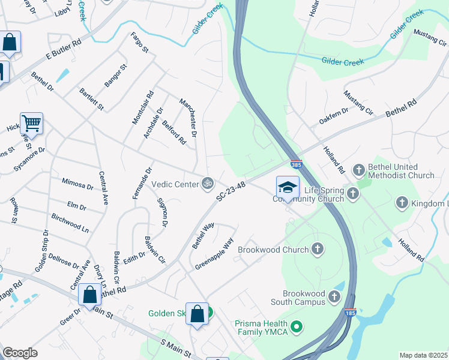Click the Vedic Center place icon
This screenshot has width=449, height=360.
(208, 183)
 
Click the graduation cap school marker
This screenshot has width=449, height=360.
(288, 187)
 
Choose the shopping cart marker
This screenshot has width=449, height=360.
(31, 124)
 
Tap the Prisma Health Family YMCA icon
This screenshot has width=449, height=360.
(295, 327)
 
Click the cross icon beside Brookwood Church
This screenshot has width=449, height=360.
(317, 249)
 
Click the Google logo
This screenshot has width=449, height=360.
(20, 352)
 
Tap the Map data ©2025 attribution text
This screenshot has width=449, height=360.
(423, 355)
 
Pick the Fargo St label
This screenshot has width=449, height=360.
(139, 43)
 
